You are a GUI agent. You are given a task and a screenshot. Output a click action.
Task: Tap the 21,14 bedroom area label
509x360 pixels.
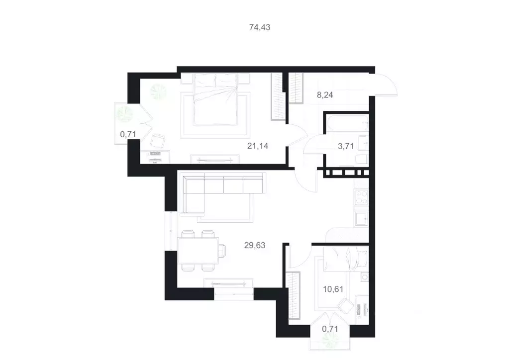258,146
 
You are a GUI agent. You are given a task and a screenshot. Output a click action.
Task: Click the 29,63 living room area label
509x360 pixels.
255,245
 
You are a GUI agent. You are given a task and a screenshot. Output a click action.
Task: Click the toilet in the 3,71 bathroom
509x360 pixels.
362,159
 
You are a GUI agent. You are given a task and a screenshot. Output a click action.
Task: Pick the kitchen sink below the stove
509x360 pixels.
360,218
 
